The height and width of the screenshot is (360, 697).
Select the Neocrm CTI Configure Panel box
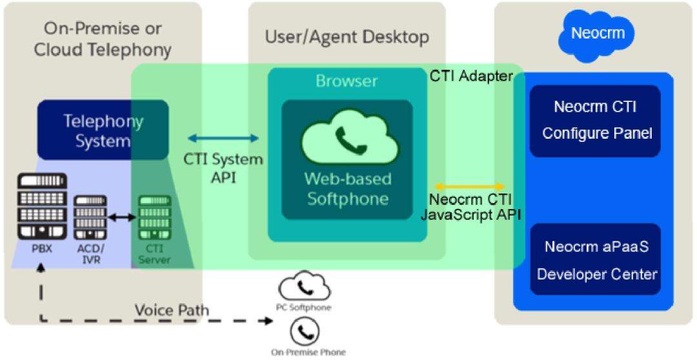tap(595, 121)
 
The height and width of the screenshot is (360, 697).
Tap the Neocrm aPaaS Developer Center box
tap(595, 259)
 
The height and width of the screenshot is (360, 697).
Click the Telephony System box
tap(103, 129)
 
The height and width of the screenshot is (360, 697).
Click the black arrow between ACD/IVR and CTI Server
tap(122, 217)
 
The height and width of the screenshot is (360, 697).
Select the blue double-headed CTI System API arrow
tap(223, 138)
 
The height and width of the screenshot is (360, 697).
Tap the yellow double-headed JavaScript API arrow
tap(470, 185)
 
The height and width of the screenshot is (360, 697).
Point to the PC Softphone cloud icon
tap(305, 286)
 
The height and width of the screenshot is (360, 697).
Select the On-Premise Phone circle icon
tap(305, 331)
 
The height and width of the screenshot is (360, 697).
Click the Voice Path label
tap(172, 310)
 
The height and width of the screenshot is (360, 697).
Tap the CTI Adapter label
tap(470, 76)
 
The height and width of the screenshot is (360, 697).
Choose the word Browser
tap(347, 81)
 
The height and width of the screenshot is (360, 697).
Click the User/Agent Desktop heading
tap(347, 37)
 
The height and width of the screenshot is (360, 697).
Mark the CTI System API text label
tap(223, 168)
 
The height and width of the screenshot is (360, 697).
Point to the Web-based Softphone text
tap(348, 189)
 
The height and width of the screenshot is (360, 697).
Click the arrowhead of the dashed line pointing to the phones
tap(268, 321)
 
